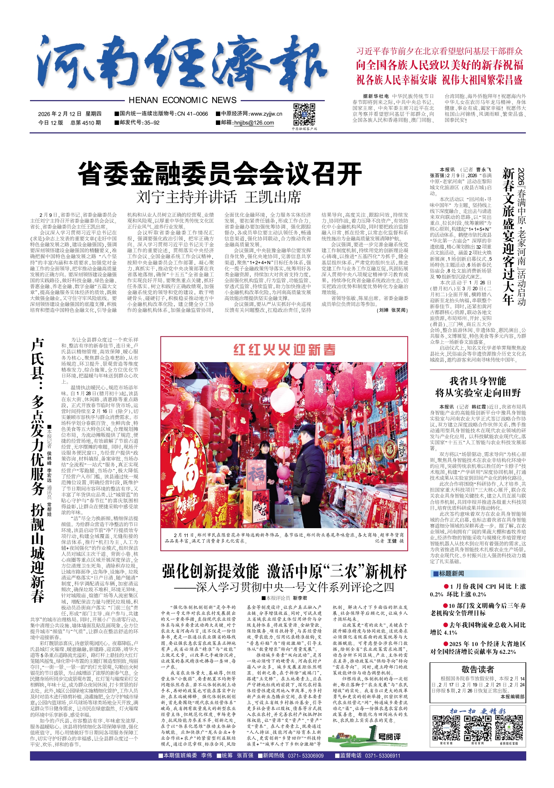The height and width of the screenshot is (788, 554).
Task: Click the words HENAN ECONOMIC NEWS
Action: click(183, 100)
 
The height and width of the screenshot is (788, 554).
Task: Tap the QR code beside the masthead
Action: click(304, 115)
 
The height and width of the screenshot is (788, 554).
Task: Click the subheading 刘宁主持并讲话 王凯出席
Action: click(219, 197)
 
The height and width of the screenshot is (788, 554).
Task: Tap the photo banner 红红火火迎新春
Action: click(284, 350)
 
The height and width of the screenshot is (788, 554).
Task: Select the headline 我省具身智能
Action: click(478, 381)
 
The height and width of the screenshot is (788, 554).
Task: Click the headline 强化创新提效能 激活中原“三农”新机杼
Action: click(284, 572)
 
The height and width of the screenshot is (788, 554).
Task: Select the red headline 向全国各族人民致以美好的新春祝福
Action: click(440, 65)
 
